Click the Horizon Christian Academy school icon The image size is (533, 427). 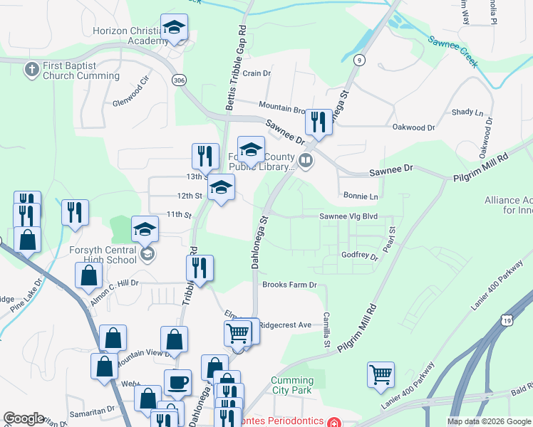point(174,28)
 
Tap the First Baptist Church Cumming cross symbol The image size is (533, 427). point(31,69)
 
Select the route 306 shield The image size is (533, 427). point(178,81)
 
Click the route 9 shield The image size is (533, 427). point(361,59)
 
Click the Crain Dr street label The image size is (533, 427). point(257,73)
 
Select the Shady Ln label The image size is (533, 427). point(467,112)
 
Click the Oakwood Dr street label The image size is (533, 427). point(413,127)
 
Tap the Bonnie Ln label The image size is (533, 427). point(361,196)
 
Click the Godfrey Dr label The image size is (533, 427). point(359,255)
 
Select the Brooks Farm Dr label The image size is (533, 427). point(289,285)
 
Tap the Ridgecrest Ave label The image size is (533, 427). point(285,325)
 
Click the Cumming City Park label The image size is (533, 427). point(292,385)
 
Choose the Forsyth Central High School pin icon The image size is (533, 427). point(148,254)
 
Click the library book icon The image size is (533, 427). point(306,161)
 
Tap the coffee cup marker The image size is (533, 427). point(177,383)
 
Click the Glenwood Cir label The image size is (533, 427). point(132,95)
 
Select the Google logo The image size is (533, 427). point(24,418)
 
